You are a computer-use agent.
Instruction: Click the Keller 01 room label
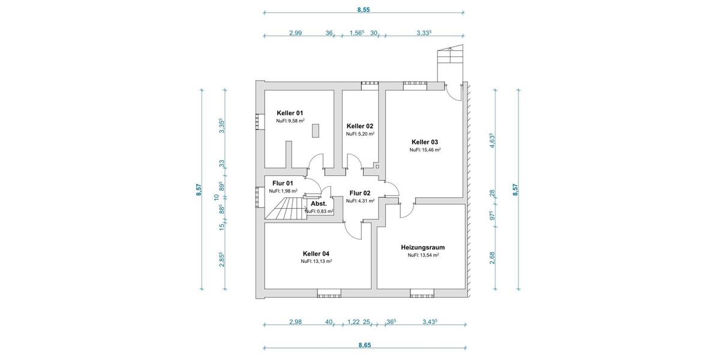[x=290, y=113]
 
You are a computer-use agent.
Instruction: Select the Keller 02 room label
[x=360, y=126]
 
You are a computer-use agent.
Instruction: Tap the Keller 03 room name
[x=425, y=142]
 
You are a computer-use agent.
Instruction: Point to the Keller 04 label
[x=316, y=253]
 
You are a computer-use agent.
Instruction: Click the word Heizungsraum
[x=422, y=247]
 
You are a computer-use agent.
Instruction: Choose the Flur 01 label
[x=283, y=183]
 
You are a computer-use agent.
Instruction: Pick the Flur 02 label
[x=360, y=193]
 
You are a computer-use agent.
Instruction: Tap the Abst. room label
[x=319, y=204]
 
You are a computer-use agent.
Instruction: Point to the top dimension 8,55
[x=364, y=10]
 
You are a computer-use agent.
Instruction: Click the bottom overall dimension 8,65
[x=364, y=345]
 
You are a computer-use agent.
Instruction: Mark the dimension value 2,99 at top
[x=295, y=33]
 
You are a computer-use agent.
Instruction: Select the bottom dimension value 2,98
[x=295, y=322]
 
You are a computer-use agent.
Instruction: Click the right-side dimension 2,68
[x=492, y=257]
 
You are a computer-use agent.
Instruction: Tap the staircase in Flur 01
[x=286, y=209]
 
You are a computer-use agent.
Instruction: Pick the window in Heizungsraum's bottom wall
[x=422, y=293]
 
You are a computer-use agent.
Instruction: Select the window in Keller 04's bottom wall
[x=329, y=293]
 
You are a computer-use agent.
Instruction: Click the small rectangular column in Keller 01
[x=316, y=131]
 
